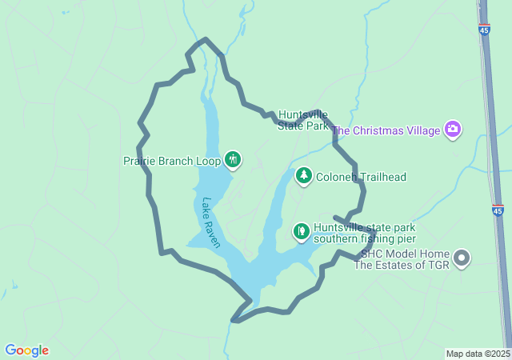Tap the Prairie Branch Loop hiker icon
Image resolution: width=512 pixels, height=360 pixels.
[x=233, y=160]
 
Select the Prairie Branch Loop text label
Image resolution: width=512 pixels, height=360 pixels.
[x=171, y=161]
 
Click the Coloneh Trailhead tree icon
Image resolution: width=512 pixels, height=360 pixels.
[x=303, y=176]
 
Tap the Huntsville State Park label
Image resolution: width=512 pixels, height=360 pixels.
[x=303, y=120]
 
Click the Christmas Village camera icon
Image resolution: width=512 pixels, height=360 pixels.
[x=454, y=130]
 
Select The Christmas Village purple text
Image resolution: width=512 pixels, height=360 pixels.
[x=386, y=130]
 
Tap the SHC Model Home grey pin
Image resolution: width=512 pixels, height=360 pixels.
[x=462, y=258]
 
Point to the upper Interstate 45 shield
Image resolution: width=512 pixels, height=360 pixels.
[x=485, y=30]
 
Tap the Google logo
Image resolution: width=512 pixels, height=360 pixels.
[x=26, y=350]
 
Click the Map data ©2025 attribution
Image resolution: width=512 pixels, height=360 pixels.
[x=477, y=354]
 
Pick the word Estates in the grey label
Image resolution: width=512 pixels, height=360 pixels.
[x=397, y=265]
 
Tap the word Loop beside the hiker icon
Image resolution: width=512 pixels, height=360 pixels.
[x=209, y=161]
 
